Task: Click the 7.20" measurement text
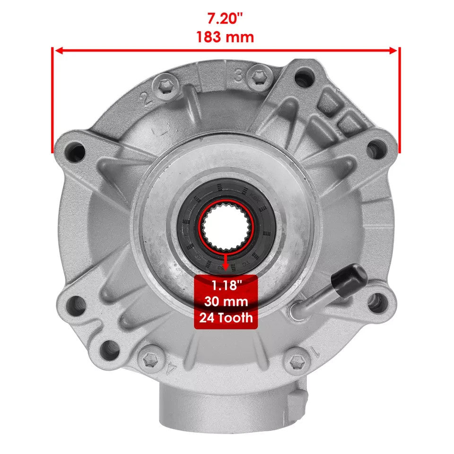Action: click(225, 19)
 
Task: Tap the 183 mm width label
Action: click(225, 37)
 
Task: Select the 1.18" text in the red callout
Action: click(226, 286)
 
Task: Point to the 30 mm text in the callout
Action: click(226, 301)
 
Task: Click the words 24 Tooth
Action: click(226, 317)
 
